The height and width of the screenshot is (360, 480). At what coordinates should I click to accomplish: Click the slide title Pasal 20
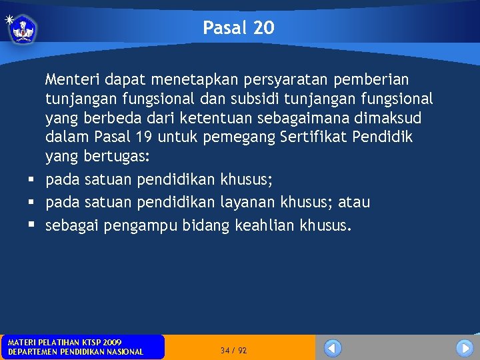[238, 28]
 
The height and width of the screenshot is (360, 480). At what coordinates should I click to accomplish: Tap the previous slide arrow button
[333, 348]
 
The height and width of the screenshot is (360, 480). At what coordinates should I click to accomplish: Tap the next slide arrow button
[465, 348]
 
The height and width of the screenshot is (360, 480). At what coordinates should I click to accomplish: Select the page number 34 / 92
[233, 350]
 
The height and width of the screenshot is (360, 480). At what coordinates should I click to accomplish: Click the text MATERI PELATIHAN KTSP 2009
[64, 342]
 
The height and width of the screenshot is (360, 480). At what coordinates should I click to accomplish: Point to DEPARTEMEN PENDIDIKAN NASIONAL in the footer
[75, 352]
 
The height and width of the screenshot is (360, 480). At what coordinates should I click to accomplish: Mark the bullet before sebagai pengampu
[31, 226]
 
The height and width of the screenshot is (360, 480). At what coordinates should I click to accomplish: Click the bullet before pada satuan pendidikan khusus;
[31, 180]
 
